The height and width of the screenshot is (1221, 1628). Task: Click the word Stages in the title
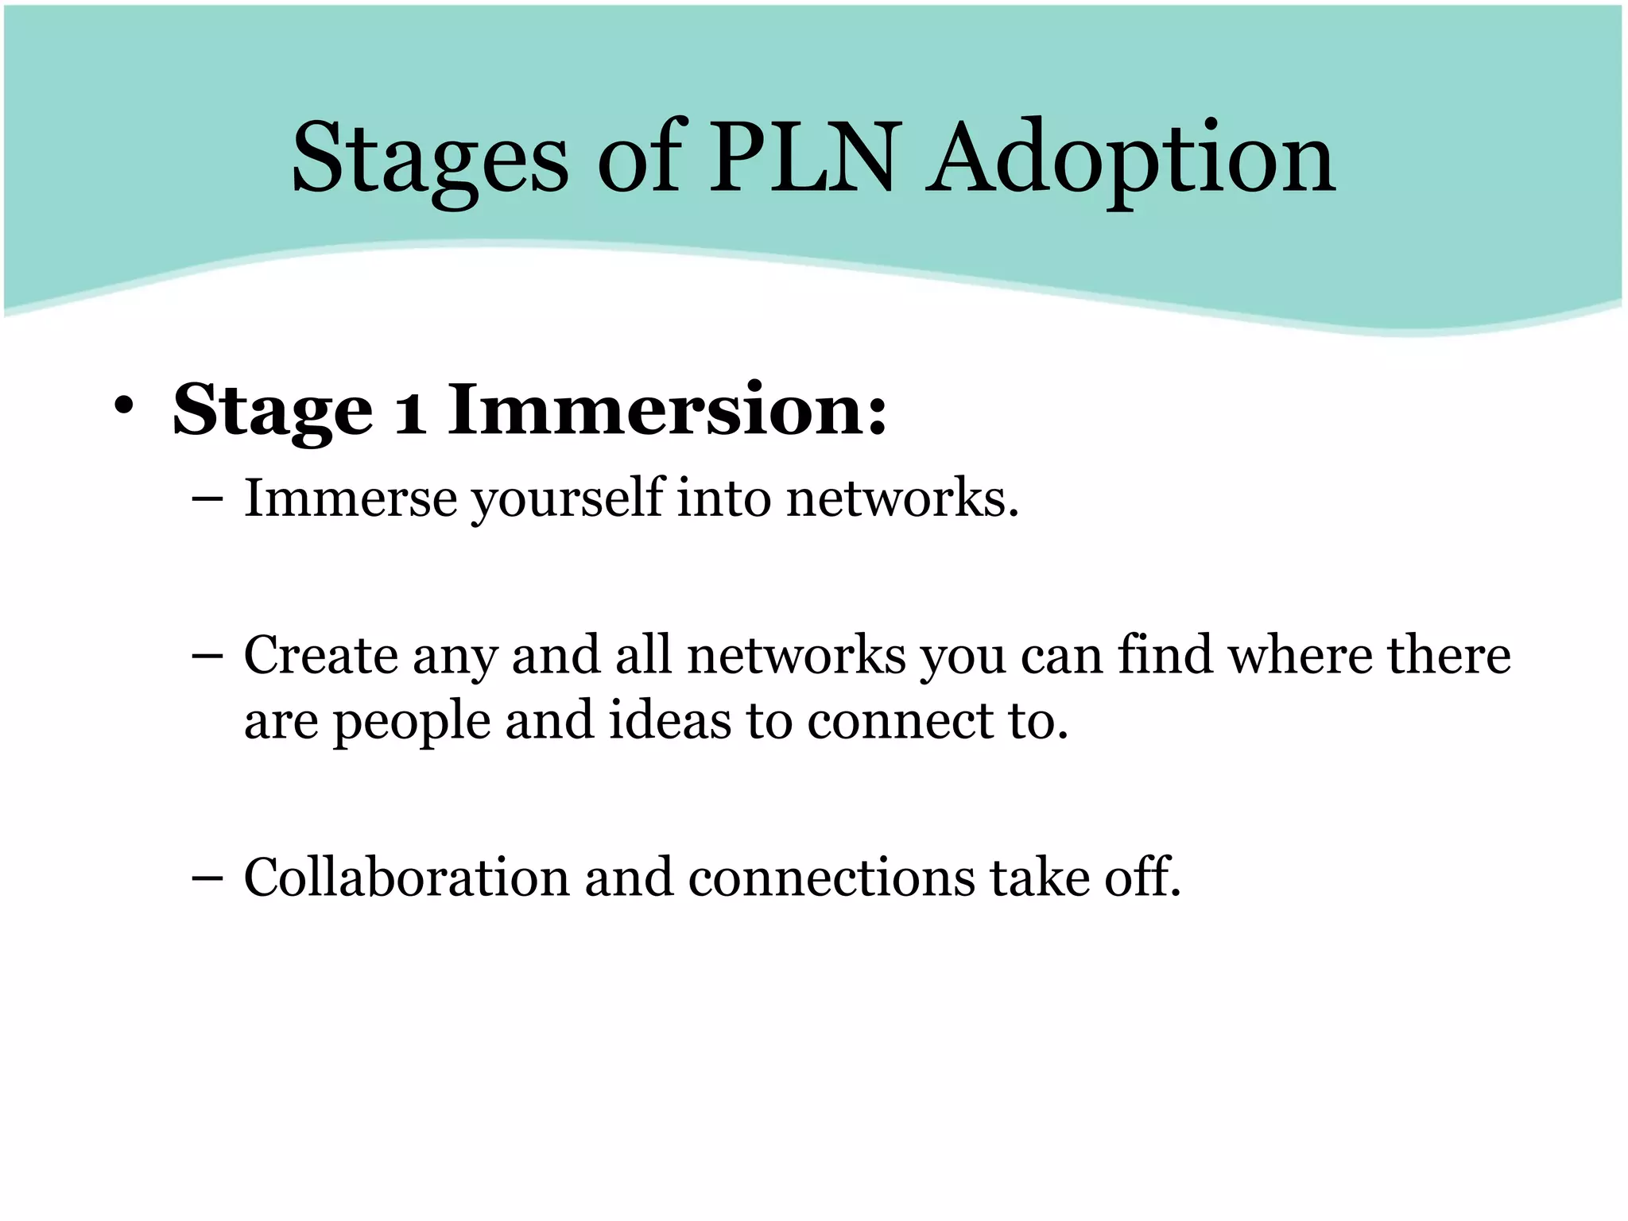tap(430, 159)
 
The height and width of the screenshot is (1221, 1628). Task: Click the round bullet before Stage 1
tap(123, 405)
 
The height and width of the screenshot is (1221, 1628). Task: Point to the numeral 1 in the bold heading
tap(410, 412)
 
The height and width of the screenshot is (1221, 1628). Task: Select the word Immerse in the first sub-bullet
tap(351, 498)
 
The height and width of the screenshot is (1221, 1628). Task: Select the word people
tap(411, 722)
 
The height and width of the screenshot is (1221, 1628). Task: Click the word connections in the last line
tap(831, 878)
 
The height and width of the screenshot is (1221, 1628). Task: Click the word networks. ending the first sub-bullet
tap(902, 498)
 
